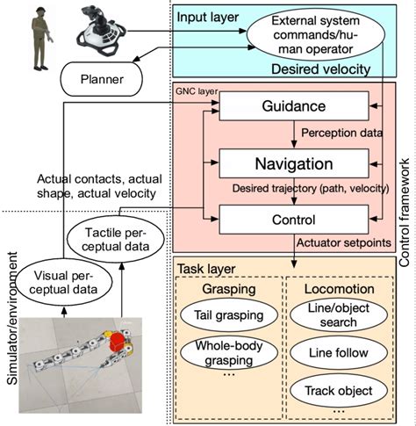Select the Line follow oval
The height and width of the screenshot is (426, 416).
[x=334, y=352]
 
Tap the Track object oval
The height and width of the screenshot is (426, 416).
[x=334, y=389]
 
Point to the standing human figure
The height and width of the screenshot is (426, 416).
[x=39, y=37]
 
